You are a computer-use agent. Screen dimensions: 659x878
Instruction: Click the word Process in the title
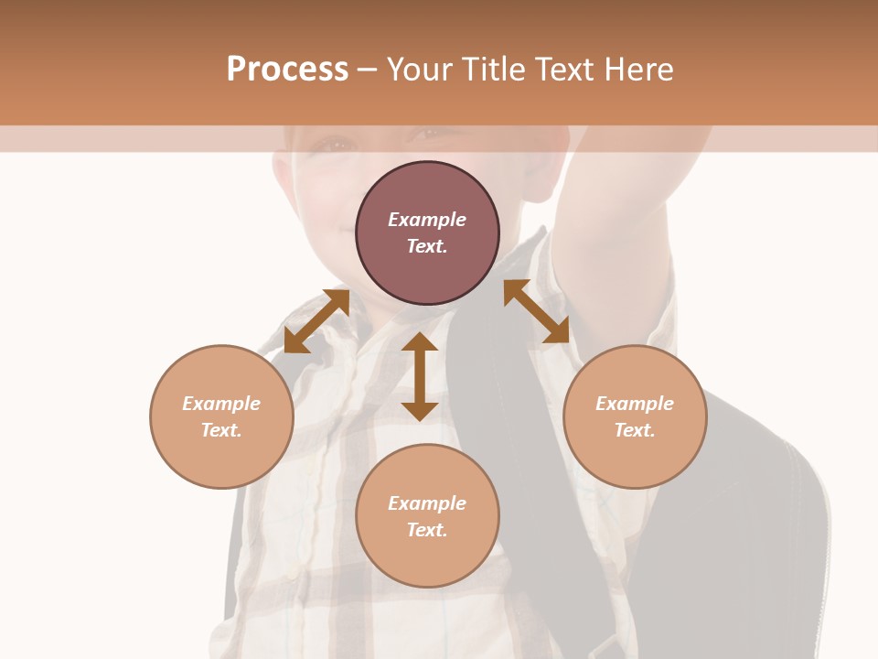click(x=287, y=70)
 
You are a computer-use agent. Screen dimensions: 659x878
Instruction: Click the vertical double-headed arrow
click(x=420, y=376)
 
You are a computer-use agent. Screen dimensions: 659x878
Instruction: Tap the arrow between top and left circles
click(x=316, y=320)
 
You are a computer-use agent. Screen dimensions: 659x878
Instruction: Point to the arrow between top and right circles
click(x=537, y=311)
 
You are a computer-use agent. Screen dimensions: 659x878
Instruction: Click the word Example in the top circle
click(x=427, y=220)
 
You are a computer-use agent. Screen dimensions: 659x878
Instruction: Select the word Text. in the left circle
click(x=221, y=430)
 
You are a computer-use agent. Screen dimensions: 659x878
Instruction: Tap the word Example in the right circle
click(x=635, y=404)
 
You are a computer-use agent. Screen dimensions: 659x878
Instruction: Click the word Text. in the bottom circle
click(x=427, y=530)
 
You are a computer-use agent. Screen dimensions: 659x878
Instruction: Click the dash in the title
click(x=368, y=70)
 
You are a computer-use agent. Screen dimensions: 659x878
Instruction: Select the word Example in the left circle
click(x=221, y=404)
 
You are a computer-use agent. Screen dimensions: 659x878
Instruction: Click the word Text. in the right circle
click(x=635, y=430)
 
